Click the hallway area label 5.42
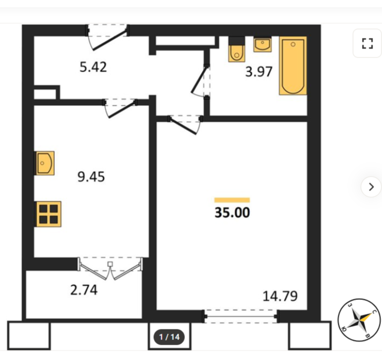tap(93, 67)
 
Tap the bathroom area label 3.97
tap(259, 72)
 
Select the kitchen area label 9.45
tap(91, 177)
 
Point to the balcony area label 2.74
tap(84, 290)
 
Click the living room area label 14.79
tap(280, 296)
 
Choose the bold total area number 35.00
tap(232, 212)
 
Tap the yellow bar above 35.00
tap(232, 200)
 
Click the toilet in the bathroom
tap(237, 49)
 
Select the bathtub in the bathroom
tap(293, 65)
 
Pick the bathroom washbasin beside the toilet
tap(262, 44)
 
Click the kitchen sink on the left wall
tap(45, 163)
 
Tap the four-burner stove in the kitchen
tap(48, 214)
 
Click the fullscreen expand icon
tap(367, 43)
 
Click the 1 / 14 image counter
tap(169, 337)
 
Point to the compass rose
tap(359, 320)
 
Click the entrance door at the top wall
tap(107, 36)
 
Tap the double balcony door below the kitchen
tap(110, 268)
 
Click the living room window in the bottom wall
tap(241, 316)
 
